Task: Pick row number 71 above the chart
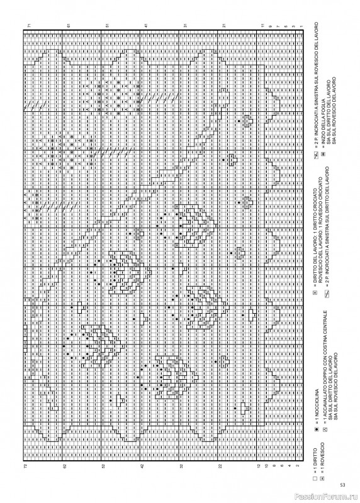[29, 25]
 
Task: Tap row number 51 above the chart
[107, 25]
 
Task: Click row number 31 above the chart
[185, 25]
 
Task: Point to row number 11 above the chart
[262, 25]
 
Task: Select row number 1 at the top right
[301, 25]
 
